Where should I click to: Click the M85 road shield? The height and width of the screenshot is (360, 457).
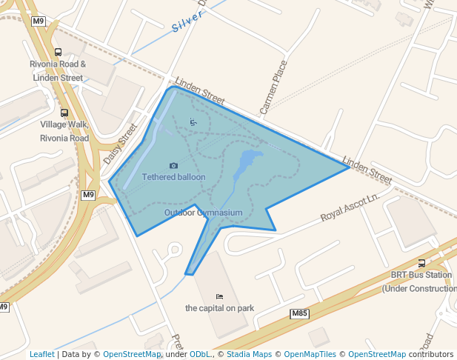point(300,314)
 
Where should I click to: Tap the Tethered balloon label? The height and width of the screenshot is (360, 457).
point(174,177)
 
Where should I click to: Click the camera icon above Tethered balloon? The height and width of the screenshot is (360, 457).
point(173,166)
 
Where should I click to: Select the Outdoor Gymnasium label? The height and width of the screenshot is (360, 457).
point(204,213)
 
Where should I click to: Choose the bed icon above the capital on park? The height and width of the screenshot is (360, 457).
point(219,297)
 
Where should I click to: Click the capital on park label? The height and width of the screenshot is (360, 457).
point(219,308)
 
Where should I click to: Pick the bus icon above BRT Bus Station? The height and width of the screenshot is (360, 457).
point(421,263)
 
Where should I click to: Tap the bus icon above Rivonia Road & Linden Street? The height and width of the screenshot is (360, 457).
point(59,52)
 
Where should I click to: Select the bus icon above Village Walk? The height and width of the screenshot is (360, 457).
point(64,113)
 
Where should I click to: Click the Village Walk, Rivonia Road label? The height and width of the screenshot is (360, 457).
point(64,131)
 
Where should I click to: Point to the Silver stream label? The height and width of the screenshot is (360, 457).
point(187,22)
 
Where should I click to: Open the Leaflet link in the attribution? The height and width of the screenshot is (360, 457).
point(41,355)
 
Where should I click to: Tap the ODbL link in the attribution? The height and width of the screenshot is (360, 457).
point(201,355)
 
